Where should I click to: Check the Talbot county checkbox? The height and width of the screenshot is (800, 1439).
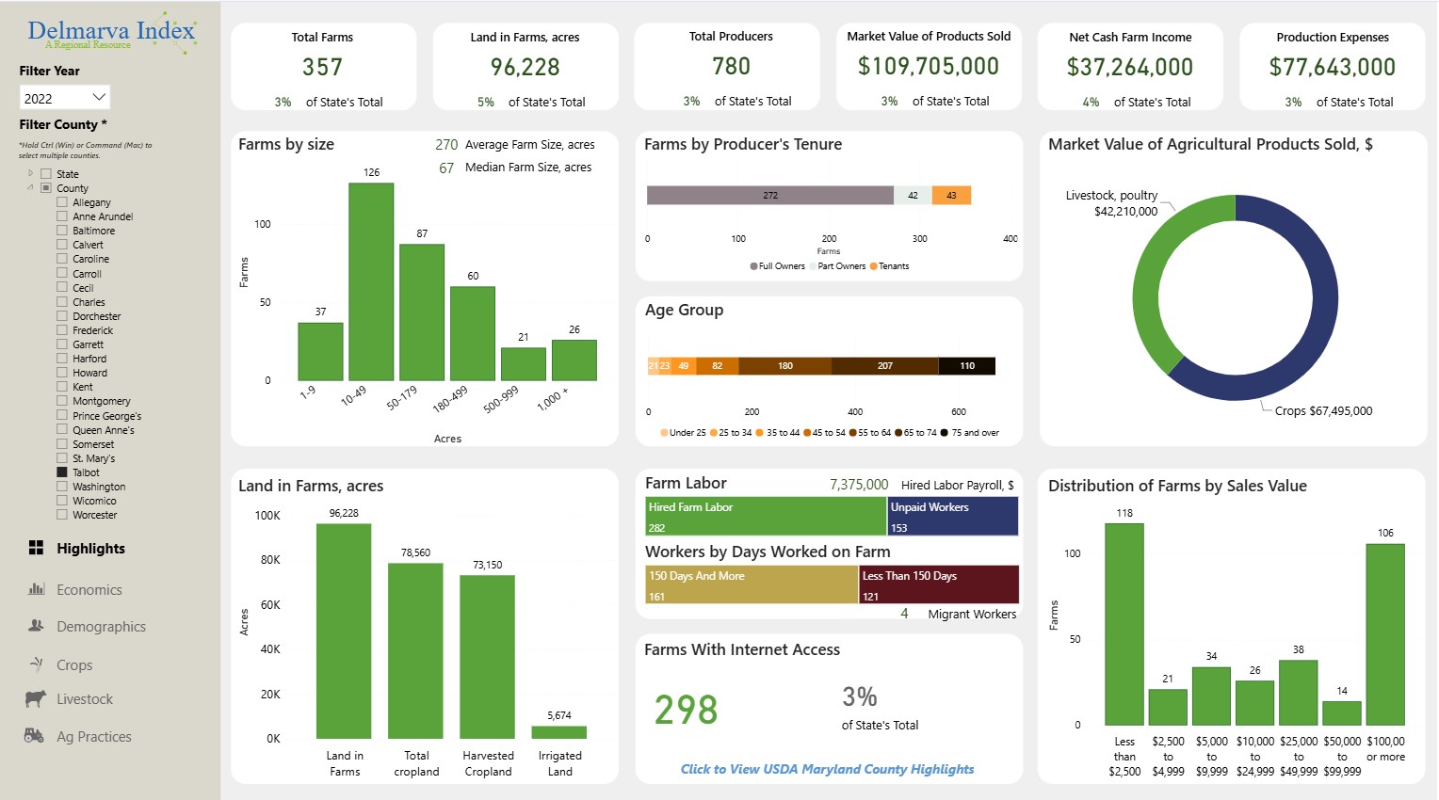pos(62,472)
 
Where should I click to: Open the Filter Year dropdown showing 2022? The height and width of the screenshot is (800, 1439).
pos(64,98)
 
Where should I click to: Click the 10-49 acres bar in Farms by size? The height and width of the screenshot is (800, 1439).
pos(371,281)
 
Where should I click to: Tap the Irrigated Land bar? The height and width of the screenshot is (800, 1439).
pos(559,732)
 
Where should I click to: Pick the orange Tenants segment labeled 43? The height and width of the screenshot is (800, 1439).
pos(951,196)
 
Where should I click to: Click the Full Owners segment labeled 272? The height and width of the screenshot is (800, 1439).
pos(769,196)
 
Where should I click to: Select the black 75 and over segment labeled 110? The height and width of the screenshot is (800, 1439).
pos(967,366)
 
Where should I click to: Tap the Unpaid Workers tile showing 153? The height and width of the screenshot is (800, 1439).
pos(953,517)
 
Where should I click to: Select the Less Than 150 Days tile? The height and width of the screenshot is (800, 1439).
pos(938,584)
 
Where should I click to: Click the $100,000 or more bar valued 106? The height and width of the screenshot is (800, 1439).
pos(1384,634)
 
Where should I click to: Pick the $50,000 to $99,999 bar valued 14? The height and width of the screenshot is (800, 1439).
pos(1341,712)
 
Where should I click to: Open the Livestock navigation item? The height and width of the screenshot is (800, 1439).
pos(84,699)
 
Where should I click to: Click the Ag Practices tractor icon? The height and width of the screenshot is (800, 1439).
pos(35,736)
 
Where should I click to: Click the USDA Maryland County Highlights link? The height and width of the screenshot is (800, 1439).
pos(827,769)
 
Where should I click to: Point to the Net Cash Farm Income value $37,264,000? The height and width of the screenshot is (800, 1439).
pos(1129,68)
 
